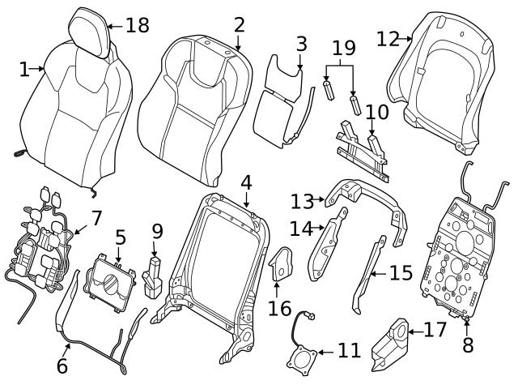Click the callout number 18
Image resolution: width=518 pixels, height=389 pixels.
[x=138, y=26]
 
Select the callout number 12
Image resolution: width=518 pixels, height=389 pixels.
[x=388, y=38]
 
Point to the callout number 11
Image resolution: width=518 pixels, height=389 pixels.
[x=349, y=352]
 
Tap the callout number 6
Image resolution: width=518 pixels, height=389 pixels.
[x=62, y=366]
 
